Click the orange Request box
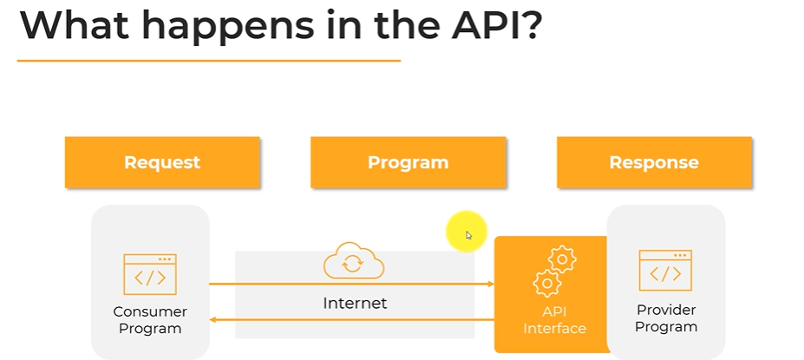click(162, 162)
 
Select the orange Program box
click(408, 162)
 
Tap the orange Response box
click(654, 162)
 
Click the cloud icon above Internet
click(354, 262)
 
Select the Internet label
click(355, 304)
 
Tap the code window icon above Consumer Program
click(150, 275)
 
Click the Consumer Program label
click(150, 320)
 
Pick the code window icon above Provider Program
click(665, 271)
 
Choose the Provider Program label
click(666, 318)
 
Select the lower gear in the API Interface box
click(547, 283)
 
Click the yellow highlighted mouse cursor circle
click(467, 232)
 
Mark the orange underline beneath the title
click(208, 61)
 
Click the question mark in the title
click(530, 26)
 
